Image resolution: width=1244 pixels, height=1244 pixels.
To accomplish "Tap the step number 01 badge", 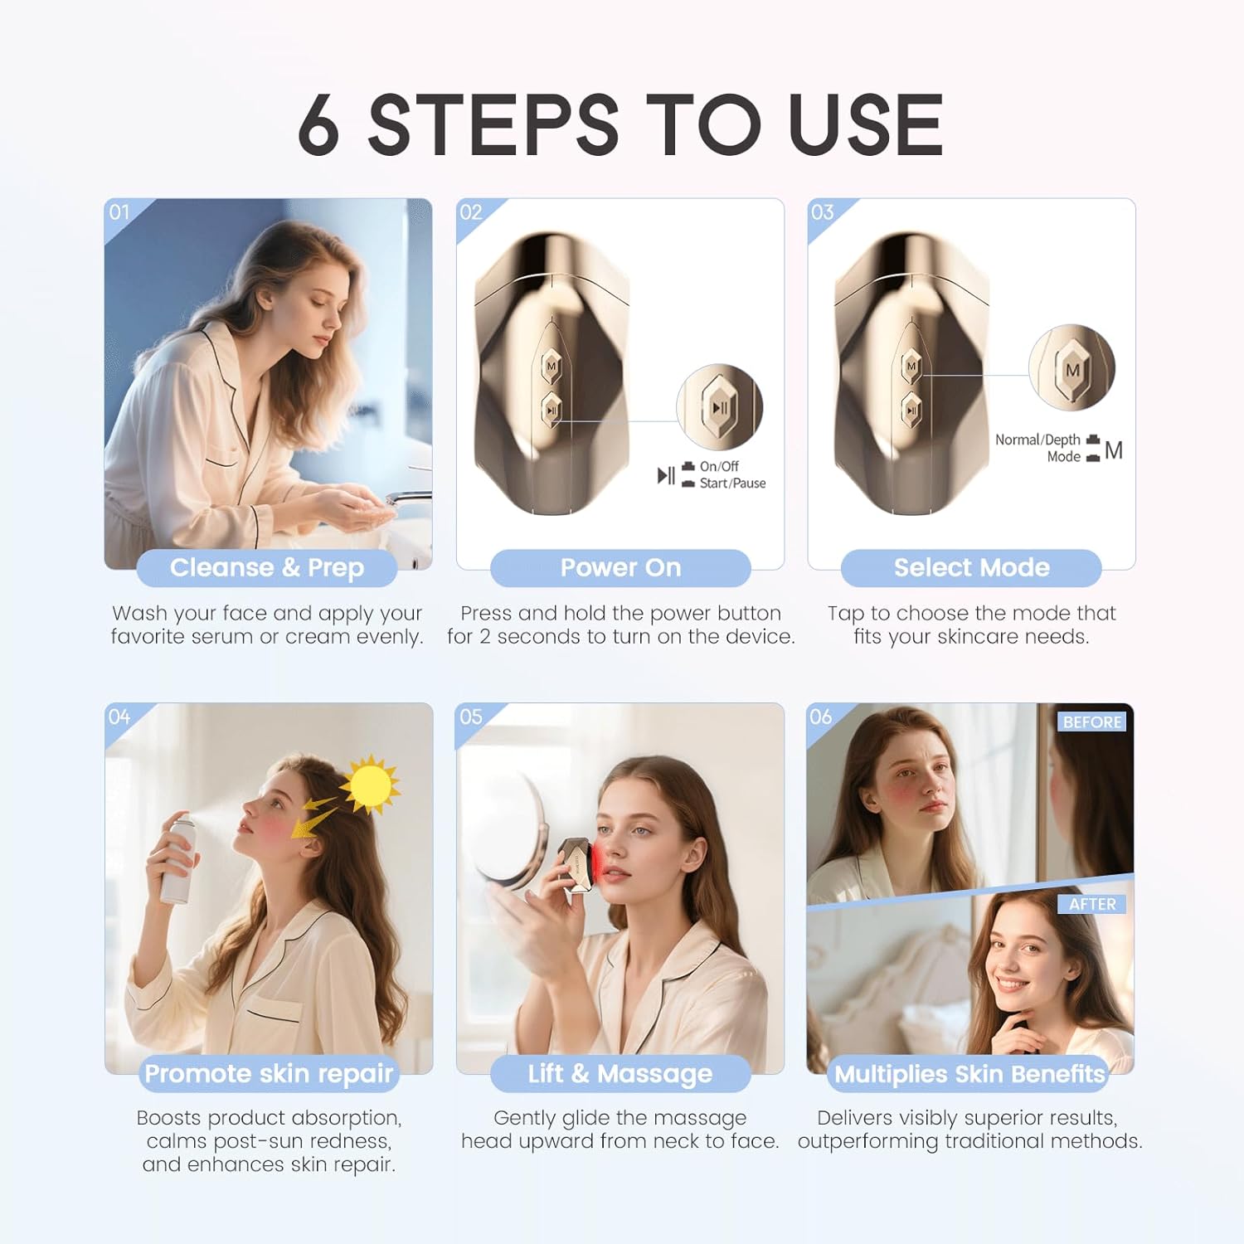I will (x=119, y=212).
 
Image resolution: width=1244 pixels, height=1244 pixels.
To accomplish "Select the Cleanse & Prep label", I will (x=267, y=568).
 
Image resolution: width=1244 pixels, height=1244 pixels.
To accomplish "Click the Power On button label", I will (x=620, y=568).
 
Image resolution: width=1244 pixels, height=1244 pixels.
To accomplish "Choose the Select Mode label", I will (x=971, y=568).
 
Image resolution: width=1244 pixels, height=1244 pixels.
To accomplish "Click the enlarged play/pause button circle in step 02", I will (x=719, y=406).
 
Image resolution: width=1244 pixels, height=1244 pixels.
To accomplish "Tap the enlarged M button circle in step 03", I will (x=1071, y=367).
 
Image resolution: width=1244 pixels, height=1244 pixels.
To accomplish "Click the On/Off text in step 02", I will (x=718, y=466).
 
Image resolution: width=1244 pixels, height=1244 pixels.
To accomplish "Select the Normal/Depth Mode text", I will (x=1038, y=448).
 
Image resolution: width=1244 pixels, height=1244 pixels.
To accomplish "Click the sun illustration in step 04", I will (x=370, y=784).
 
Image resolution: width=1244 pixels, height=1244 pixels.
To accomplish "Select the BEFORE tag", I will (x=1091, y=722).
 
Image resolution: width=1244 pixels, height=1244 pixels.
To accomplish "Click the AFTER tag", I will (x=1091, y=904).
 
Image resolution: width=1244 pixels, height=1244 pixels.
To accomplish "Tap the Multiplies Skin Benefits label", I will (x=969, y=1074).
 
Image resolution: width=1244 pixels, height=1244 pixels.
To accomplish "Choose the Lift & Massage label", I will (x=620, y=1074).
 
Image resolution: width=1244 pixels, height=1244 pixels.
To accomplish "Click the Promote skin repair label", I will (x=268, y=1074).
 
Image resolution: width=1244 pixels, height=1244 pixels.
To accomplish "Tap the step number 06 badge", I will (x=820, y=717).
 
